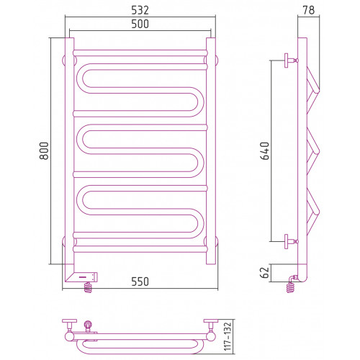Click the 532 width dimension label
click(x=140, y=10)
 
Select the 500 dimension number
click(x=140, y=24)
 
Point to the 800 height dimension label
click(x=44, y=150)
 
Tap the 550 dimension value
click(x=140, y=282)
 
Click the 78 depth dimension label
click(x=309, y=10)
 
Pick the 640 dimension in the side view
click(x=265, y=150)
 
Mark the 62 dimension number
click(x=265, y=272)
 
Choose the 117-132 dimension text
click(x=228, y=336)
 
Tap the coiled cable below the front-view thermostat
click(x=88, y=287)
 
